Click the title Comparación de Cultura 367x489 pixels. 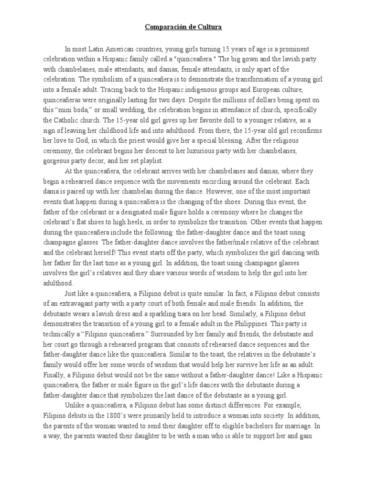(183, 28)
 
